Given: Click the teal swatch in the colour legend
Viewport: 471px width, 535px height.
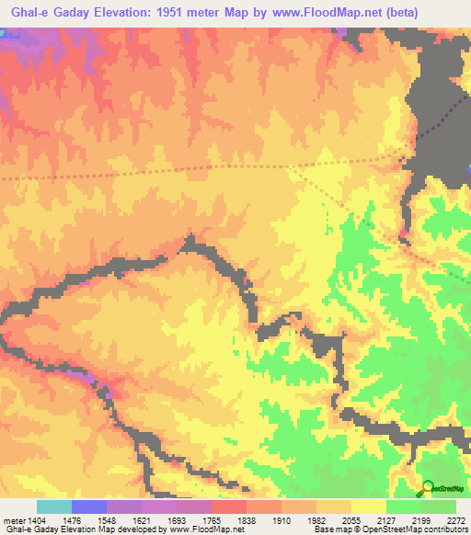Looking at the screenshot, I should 54,507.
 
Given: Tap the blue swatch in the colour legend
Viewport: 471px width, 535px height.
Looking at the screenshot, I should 89,507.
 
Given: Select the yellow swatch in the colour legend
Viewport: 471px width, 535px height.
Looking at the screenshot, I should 368,507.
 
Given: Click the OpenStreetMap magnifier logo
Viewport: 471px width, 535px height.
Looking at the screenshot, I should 429,487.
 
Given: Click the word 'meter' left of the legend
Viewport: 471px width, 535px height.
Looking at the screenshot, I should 13,520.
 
